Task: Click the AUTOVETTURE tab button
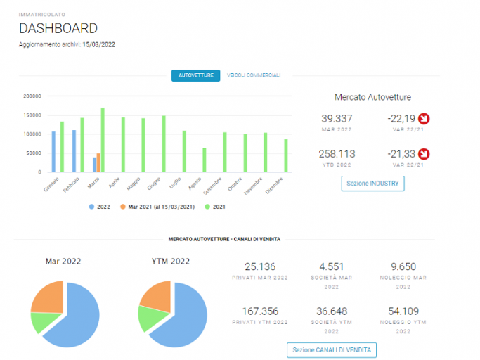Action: click(195, 75)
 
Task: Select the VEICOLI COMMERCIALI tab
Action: click(254, 75)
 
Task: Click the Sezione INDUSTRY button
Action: click(373, 184)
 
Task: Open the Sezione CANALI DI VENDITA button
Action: click(332, 350)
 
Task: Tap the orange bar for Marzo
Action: click(98, 162)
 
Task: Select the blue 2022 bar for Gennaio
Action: click(53, 152)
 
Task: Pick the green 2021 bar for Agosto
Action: click(205, 160)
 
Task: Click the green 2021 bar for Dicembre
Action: click(286, 155)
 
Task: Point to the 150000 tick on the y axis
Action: click(32, 115)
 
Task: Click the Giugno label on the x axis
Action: click(154, 184)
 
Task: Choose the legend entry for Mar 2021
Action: click(157, 207)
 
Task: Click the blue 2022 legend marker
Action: click(91, 207)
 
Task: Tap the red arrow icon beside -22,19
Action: click(424, 119)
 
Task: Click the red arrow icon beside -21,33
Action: click(424, 154)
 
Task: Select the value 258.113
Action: click(337, 154)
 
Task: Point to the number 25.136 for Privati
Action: click(260, 266)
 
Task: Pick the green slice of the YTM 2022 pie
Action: click(151, 318)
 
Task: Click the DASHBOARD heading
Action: click(58, 28)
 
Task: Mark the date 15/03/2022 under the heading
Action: click(98, 45)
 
